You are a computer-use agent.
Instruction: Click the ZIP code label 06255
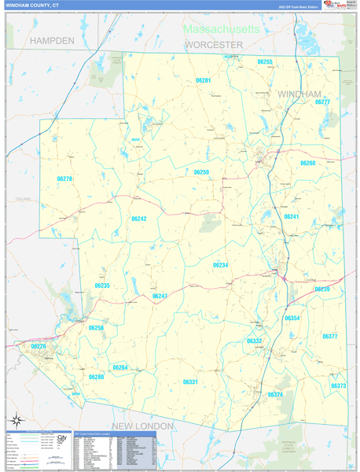(x=265, y=61)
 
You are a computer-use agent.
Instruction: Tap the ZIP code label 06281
(x=203, y=80)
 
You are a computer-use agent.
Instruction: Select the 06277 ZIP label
(x=322, y=101)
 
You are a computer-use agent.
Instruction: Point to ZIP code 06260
(x=307, y=163)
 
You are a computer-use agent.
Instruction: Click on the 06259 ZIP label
(x=201, y=171)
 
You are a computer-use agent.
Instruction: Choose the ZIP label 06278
(x=64, y=179)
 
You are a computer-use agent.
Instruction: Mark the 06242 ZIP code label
(x=139, y=219)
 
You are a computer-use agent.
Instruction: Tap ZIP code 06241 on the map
(x=291, y=216)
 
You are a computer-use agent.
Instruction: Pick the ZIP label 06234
(x=220, y=265)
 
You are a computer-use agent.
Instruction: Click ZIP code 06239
(x=322, y=289)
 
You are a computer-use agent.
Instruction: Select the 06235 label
(x=102, y=286)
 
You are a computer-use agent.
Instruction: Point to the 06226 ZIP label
(x=39, y=346)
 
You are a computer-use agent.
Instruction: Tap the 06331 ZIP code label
(x=190, y=382)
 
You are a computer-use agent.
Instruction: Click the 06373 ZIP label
(x=338, y=385)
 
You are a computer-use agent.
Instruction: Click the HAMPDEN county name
(x=52, y=39)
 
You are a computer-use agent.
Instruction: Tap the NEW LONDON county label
(x=142, y=426)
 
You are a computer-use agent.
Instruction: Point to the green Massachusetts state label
(x=221, y=28)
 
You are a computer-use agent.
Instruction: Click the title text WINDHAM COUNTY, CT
(x=32, y=5)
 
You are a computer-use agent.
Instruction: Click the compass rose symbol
(x=16, y=419)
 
